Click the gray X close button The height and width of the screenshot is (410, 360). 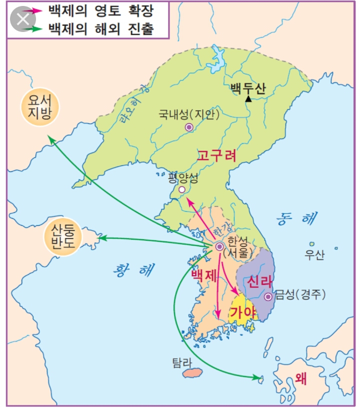tap(22, 19)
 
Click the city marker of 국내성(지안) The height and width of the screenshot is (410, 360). tap(189, 127)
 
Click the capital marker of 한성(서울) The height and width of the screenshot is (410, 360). tap(219, 246)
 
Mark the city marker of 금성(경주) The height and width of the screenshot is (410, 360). tap(268, 297)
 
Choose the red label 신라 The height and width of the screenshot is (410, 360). tap(259, 282)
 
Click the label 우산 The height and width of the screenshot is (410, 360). tap(314, 255)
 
